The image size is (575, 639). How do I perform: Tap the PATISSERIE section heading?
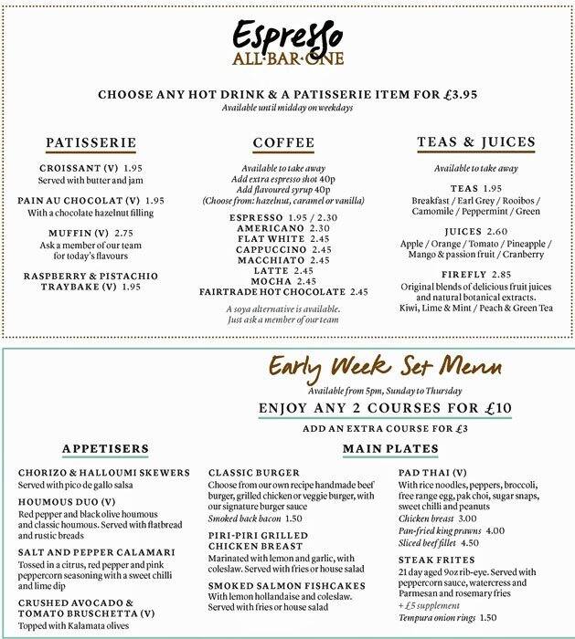tap(91, 142)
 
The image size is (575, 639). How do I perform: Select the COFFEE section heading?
tap(282, 143)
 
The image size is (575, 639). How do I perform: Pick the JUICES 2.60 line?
tap(461, 232)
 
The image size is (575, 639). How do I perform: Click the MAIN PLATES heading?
tap(387, 448)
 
